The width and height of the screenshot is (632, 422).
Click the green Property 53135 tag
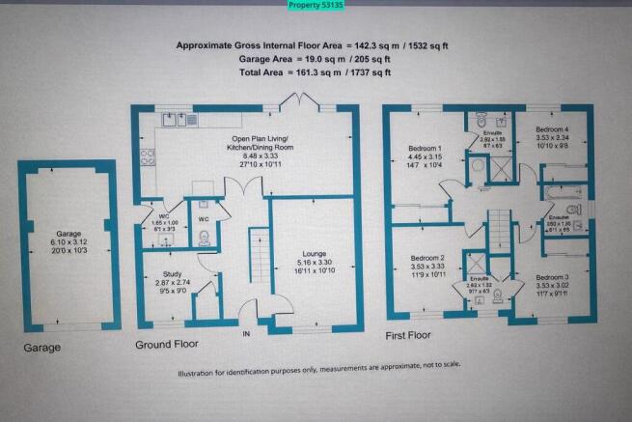pyautogui.click(x=316, y=6)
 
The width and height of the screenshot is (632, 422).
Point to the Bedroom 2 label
pyautogui.click(x=426, y=259)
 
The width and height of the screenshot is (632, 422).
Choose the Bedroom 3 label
pyautogui.click(x=552, y=277)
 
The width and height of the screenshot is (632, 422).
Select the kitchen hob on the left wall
pyautogui.click(x=148, y=159)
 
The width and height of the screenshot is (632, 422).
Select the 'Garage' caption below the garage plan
pyautogui.click(x=42, y=347)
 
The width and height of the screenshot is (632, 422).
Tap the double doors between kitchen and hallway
pyautogui.click(x=243, y=191)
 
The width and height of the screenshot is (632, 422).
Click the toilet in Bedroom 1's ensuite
pyautogui.click(x=481, y=121)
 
